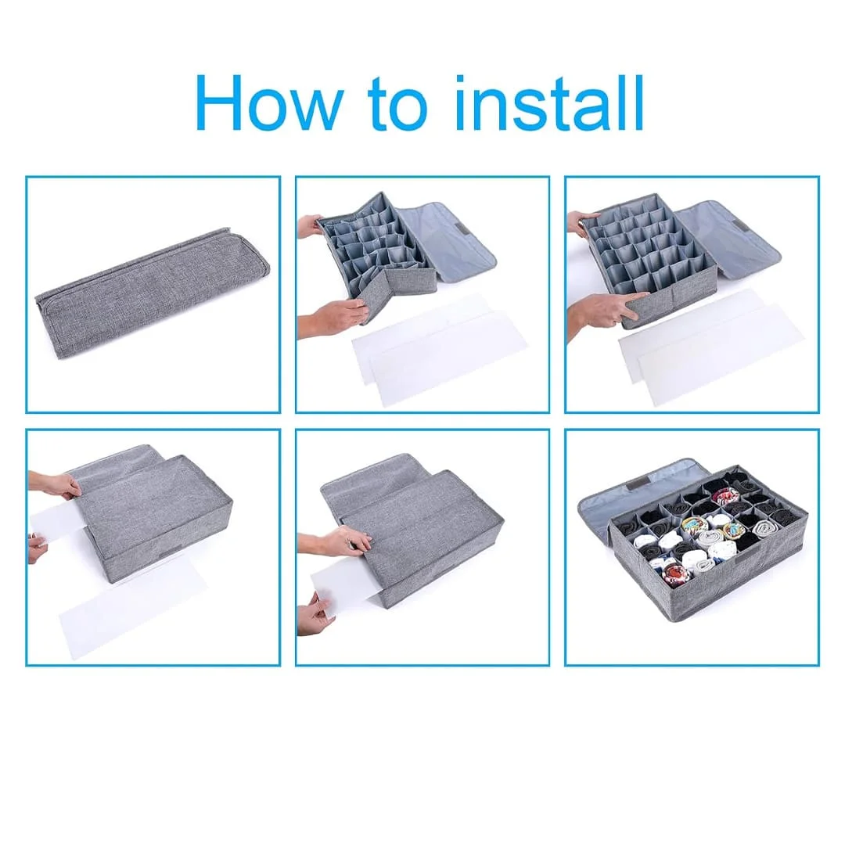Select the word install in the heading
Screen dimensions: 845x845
(549, 102)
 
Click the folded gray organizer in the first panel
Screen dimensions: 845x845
(153, 293)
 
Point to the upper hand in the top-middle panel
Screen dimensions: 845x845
(309, 226)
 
